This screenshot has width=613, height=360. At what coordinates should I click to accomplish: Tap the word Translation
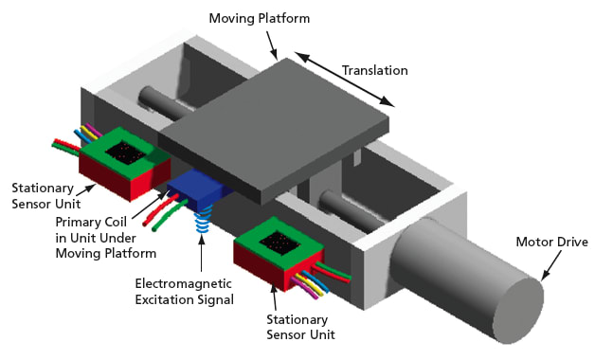click(374, 70)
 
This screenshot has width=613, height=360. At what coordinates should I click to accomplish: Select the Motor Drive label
click(551, 243)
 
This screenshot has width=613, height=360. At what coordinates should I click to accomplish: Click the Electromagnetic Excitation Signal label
click(184, 291)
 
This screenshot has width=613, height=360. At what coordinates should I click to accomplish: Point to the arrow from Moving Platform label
click(271, 43)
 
